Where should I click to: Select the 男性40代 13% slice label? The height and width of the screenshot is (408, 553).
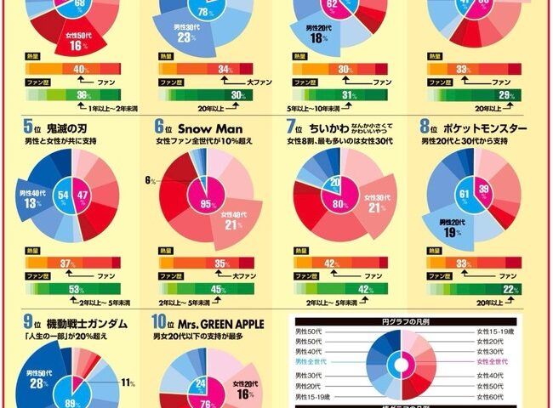point(33,199)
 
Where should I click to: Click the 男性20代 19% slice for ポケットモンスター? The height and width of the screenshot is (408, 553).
point(453,227)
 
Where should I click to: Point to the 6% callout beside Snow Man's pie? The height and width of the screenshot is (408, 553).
point(149,180)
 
